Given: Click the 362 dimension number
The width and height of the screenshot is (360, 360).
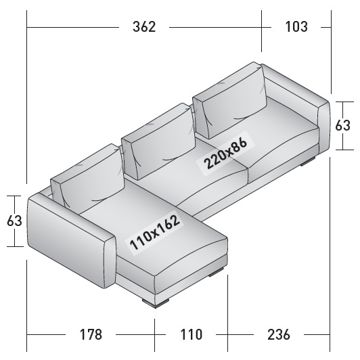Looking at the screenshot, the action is pyautogui.click(x=144, y=26).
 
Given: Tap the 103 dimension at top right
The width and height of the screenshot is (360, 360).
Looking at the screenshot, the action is pyautogui.click(x=296, y=26).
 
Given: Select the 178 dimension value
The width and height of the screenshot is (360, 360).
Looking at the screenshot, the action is pyautogui.click(x=91, y=334).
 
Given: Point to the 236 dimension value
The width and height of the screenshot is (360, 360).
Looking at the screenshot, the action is pyautogui.click(x=279, y=334).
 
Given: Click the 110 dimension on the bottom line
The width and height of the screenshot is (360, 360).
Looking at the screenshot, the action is pyautogui.click(x=192, y=334).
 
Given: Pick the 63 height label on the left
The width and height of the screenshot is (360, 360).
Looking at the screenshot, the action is pyautogui.click(x=14, y=221).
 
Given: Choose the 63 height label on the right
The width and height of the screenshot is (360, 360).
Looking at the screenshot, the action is pyautogui.click(x=342, y=126).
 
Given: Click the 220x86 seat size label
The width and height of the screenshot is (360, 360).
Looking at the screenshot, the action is pyautogui.click(x=225, y=154).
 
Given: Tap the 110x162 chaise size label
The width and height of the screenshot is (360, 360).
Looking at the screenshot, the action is pyautogui.click(x=154, y=232).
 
